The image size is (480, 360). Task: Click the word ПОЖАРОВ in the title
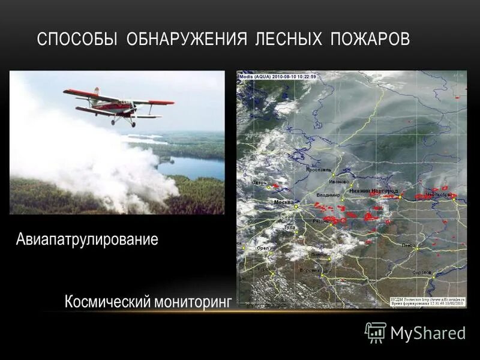[x=370, y=40]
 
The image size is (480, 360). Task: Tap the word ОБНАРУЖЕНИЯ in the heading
[x=187, y=40]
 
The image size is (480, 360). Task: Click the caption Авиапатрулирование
[x=87, y=240]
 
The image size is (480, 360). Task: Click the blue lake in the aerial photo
[x=192, y=167]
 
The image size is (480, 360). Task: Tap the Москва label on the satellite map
[x=283, y=202]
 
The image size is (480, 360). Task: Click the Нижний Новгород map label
[x=376, y=190]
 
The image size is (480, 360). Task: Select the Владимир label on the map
[x=327, y=195]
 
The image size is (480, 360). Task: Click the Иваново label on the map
[x=339, y=181]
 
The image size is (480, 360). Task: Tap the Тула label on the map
[x=290, y=228]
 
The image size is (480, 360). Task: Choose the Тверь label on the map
[x=259, y=182]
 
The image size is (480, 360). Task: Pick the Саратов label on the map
[x=422, y=272]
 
